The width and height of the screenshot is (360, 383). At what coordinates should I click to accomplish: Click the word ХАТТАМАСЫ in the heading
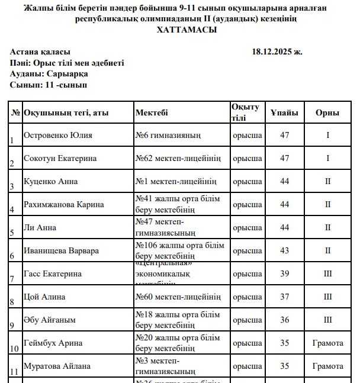click(x=187, y=30)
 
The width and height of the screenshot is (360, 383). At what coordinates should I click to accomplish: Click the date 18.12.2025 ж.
click(x=277, y=52)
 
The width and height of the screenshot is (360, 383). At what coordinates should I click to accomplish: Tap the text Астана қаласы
click(x=40, y=52)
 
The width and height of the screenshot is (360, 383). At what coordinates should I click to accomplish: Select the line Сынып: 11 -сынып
click(x=49, y=85)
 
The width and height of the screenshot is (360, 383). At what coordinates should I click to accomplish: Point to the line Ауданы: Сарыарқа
click(x=49, y=74)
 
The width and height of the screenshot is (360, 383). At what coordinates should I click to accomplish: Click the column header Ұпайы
click(x=285, y=112)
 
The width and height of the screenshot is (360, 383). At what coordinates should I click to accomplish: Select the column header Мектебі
click(x=152, y=112)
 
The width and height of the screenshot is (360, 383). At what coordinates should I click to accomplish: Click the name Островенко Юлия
click(x=57, y=135)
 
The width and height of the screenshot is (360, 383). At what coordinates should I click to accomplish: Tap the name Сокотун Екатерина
click(x=60, y=158)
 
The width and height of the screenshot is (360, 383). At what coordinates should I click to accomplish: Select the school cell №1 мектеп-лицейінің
click(x=176, y=181)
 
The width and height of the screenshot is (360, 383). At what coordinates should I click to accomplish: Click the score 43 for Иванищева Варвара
click(x=285, y=250)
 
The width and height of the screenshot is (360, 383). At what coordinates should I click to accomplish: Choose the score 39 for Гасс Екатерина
click(x=285, y=273)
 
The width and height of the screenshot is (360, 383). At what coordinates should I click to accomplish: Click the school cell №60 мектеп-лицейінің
click(x=178, y=297)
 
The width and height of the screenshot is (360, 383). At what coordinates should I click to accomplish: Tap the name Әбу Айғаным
click(x=49, y=320)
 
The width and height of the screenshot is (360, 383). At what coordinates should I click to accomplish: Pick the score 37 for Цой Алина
click(x=285, y=297)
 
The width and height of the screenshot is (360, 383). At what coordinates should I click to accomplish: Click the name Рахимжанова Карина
click(x=63, y=204)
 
